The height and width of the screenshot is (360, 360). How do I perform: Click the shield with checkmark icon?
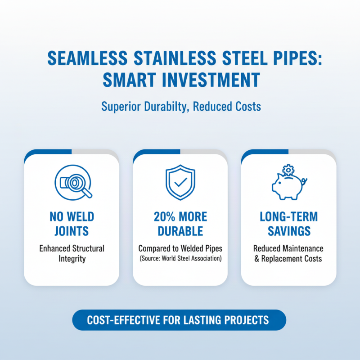coord(180,182)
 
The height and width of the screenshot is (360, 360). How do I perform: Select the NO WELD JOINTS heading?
coord(72,224)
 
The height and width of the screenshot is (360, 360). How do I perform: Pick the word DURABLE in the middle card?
coord(180,231)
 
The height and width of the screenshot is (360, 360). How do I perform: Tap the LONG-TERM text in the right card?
coord(288,216)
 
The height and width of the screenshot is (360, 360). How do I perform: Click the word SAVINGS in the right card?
coord(288,231)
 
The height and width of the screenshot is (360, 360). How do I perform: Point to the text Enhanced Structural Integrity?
coord(72,253)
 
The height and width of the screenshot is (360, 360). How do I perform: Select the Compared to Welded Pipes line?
coord(180,248)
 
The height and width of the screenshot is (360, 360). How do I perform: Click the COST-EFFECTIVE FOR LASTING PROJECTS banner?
coord(179,320)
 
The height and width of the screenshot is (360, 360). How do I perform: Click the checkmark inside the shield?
coord(180,183)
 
